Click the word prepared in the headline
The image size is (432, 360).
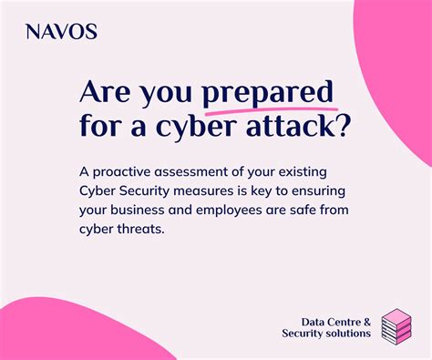[267, 93]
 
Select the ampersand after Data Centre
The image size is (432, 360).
[366, 321]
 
